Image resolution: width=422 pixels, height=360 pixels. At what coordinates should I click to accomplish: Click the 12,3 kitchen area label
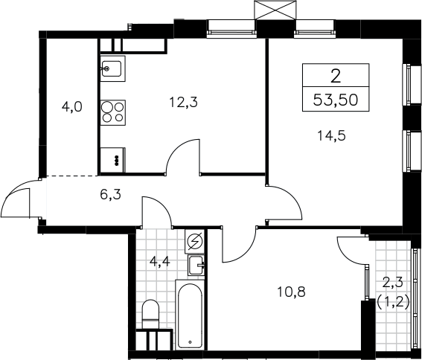pyautogui.click(x=184, y=102)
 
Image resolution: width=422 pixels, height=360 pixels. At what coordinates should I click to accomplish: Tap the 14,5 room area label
pyautogui.click(x=332, y=135)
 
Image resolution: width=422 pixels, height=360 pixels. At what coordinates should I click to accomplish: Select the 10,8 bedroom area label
pyautogui.click(x=291, y=292)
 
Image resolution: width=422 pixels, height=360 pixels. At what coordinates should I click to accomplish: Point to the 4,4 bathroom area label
pyautogui.click(x=160, y=261)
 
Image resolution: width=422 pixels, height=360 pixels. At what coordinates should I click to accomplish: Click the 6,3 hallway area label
pyautogui.click(x=111, y=194)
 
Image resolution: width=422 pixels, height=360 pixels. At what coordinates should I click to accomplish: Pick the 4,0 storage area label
pyautogui.click(x=72, y=107)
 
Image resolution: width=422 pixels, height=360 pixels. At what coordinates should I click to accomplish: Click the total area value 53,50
pyautogui.click(x=336, y=100)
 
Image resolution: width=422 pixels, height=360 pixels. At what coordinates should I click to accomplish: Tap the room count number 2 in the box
pyautogui.click(x=336, y=76)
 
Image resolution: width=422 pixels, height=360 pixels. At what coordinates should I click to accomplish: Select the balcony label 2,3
pyautogui.click(x=393, y=283)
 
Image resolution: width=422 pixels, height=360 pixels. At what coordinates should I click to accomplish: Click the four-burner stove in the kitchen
pyautogui.click(x=113, y=112)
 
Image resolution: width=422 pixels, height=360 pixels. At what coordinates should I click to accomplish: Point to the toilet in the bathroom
pyautogui.click(x=150, y=315)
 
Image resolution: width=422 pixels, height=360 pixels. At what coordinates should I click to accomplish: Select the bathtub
pyautogui.click(x=190, y=315)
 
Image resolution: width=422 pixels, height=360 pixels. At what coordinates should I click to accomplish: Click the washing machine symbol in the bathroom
pyautogui.click(x=195, y=241)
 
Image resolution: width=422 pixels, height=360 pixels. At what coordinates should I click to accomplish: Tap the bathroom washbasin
pyautogui.click(x=196, y=266)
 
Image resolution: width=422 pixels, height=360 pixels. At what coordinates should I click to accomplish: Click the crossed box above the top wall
pyautogui.click(x=275, y=10)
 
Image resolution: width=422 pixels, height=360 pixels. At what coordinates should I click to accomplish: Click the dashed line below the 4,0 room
pyautogui.click(x=72, y=176)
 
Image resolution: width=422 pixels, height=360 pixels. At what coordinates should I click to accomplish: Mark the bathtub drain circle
pyautogui.click(x=190, y=342)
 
